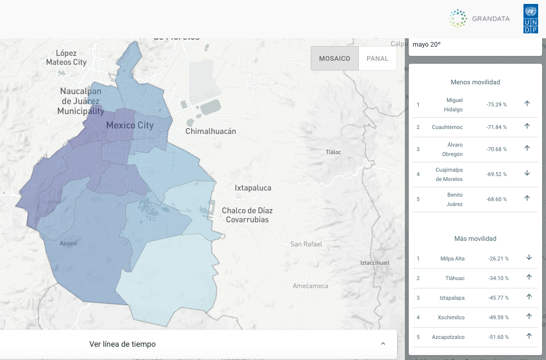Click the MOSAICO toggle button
tap(335, 58)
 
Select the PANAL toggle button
tap(377, 58)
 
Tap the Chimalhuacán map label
tap(211, 131)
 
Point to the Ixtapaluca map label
tap(253, 188)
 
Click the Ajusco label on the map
tap(68, 243)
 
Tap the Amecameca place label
tap(310, 285)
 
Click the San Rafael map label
tap(306, 244)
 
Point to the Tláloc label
tap(333, 152)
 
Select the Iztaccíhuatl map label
tap(374, 263)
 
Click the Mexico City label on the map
tap(130, 125)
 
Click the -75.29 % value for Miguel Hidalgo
tap(496, 104)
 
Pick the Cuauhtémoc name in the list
tap(447, 127)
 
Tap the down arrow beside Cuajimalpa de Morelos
tap(527, 173)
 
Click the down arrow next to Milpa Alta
tap(529, 257)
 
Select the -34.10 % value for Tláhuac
tap(498, 278)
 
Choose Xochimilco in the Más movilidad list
tap(451, 317)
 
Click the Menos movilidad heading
tap(475, 82)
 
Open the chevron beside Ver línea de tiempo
tap(383, 344)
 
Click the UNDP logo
tap(530, 19)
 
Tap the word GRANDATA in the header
tap(491, 19)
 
